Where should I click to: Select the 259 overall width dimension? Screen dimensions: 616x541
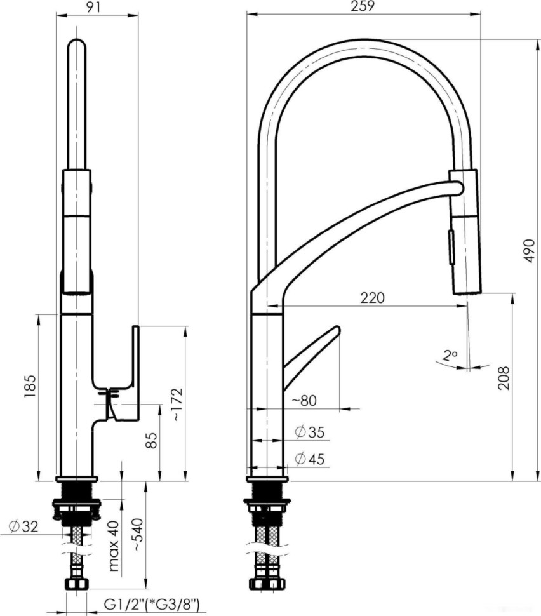(364, 6)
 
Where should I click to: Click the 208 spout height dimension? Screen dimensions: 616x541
(502, 379)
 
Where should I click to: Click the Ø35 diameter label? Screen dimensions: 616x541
(310, 433)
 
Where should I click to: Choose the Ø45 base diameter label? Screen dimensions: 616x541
(310, 459)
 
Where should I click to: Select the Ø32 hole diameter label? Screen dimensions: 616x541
(23, 526)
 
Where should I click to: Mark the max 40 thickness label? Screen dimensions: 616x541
(114, 546)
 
